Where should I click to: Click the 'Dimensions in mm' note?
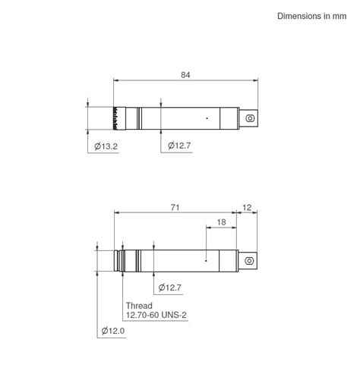(x=311, y=16)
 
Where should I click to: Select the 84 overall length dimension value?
(x=185, y=74)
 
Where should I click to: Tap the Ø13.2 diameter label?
(x=106, y=146)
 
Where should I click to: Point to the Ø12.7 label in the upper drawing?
(x=180, y=146)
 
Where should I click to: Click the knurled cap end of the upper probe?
(x=118, y=118)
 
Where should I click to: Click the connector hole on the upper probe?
(x=250, y=118)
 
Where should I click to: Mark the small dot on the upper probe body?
(x=207, y=118)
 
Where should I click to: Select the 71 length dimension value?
(x=175, y=207)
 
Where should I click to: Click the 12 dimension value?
(x=248, y=207)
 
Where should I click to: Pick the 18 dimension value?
(x=221, y=222)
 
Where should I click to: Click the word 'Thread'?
(x=139, y=306)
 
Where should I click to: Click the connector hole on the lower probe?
(x=249, y=259)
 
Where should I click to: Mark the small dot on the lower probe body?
(x=207, y=259)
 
